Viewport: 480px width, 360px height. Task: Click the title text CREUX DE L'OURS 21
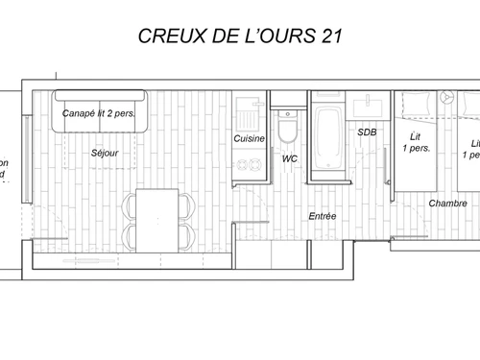[x=239, y=36]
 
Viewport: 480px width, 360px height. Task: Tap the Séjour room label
[x=105, y=153]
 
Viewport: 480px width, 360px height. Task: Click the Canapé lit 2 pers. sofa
[x=99, y=112]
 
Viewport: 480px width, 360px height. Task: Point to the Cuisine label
[x=250, y=139]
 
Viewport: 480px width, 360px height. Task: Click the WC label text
[x=289, y=157]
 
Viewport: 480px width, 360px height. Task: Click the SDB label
[x=366, y=132]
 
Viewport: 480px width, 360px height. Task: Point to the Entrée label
[x=323, y=216]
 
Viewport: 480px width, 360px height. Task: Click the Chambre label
[x=447, y=203]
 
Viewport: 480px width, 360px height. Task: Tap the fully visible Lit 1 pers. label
[x=414, y=142]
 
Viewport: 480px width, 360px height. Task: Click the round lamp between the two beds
[x=444, y=97]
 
